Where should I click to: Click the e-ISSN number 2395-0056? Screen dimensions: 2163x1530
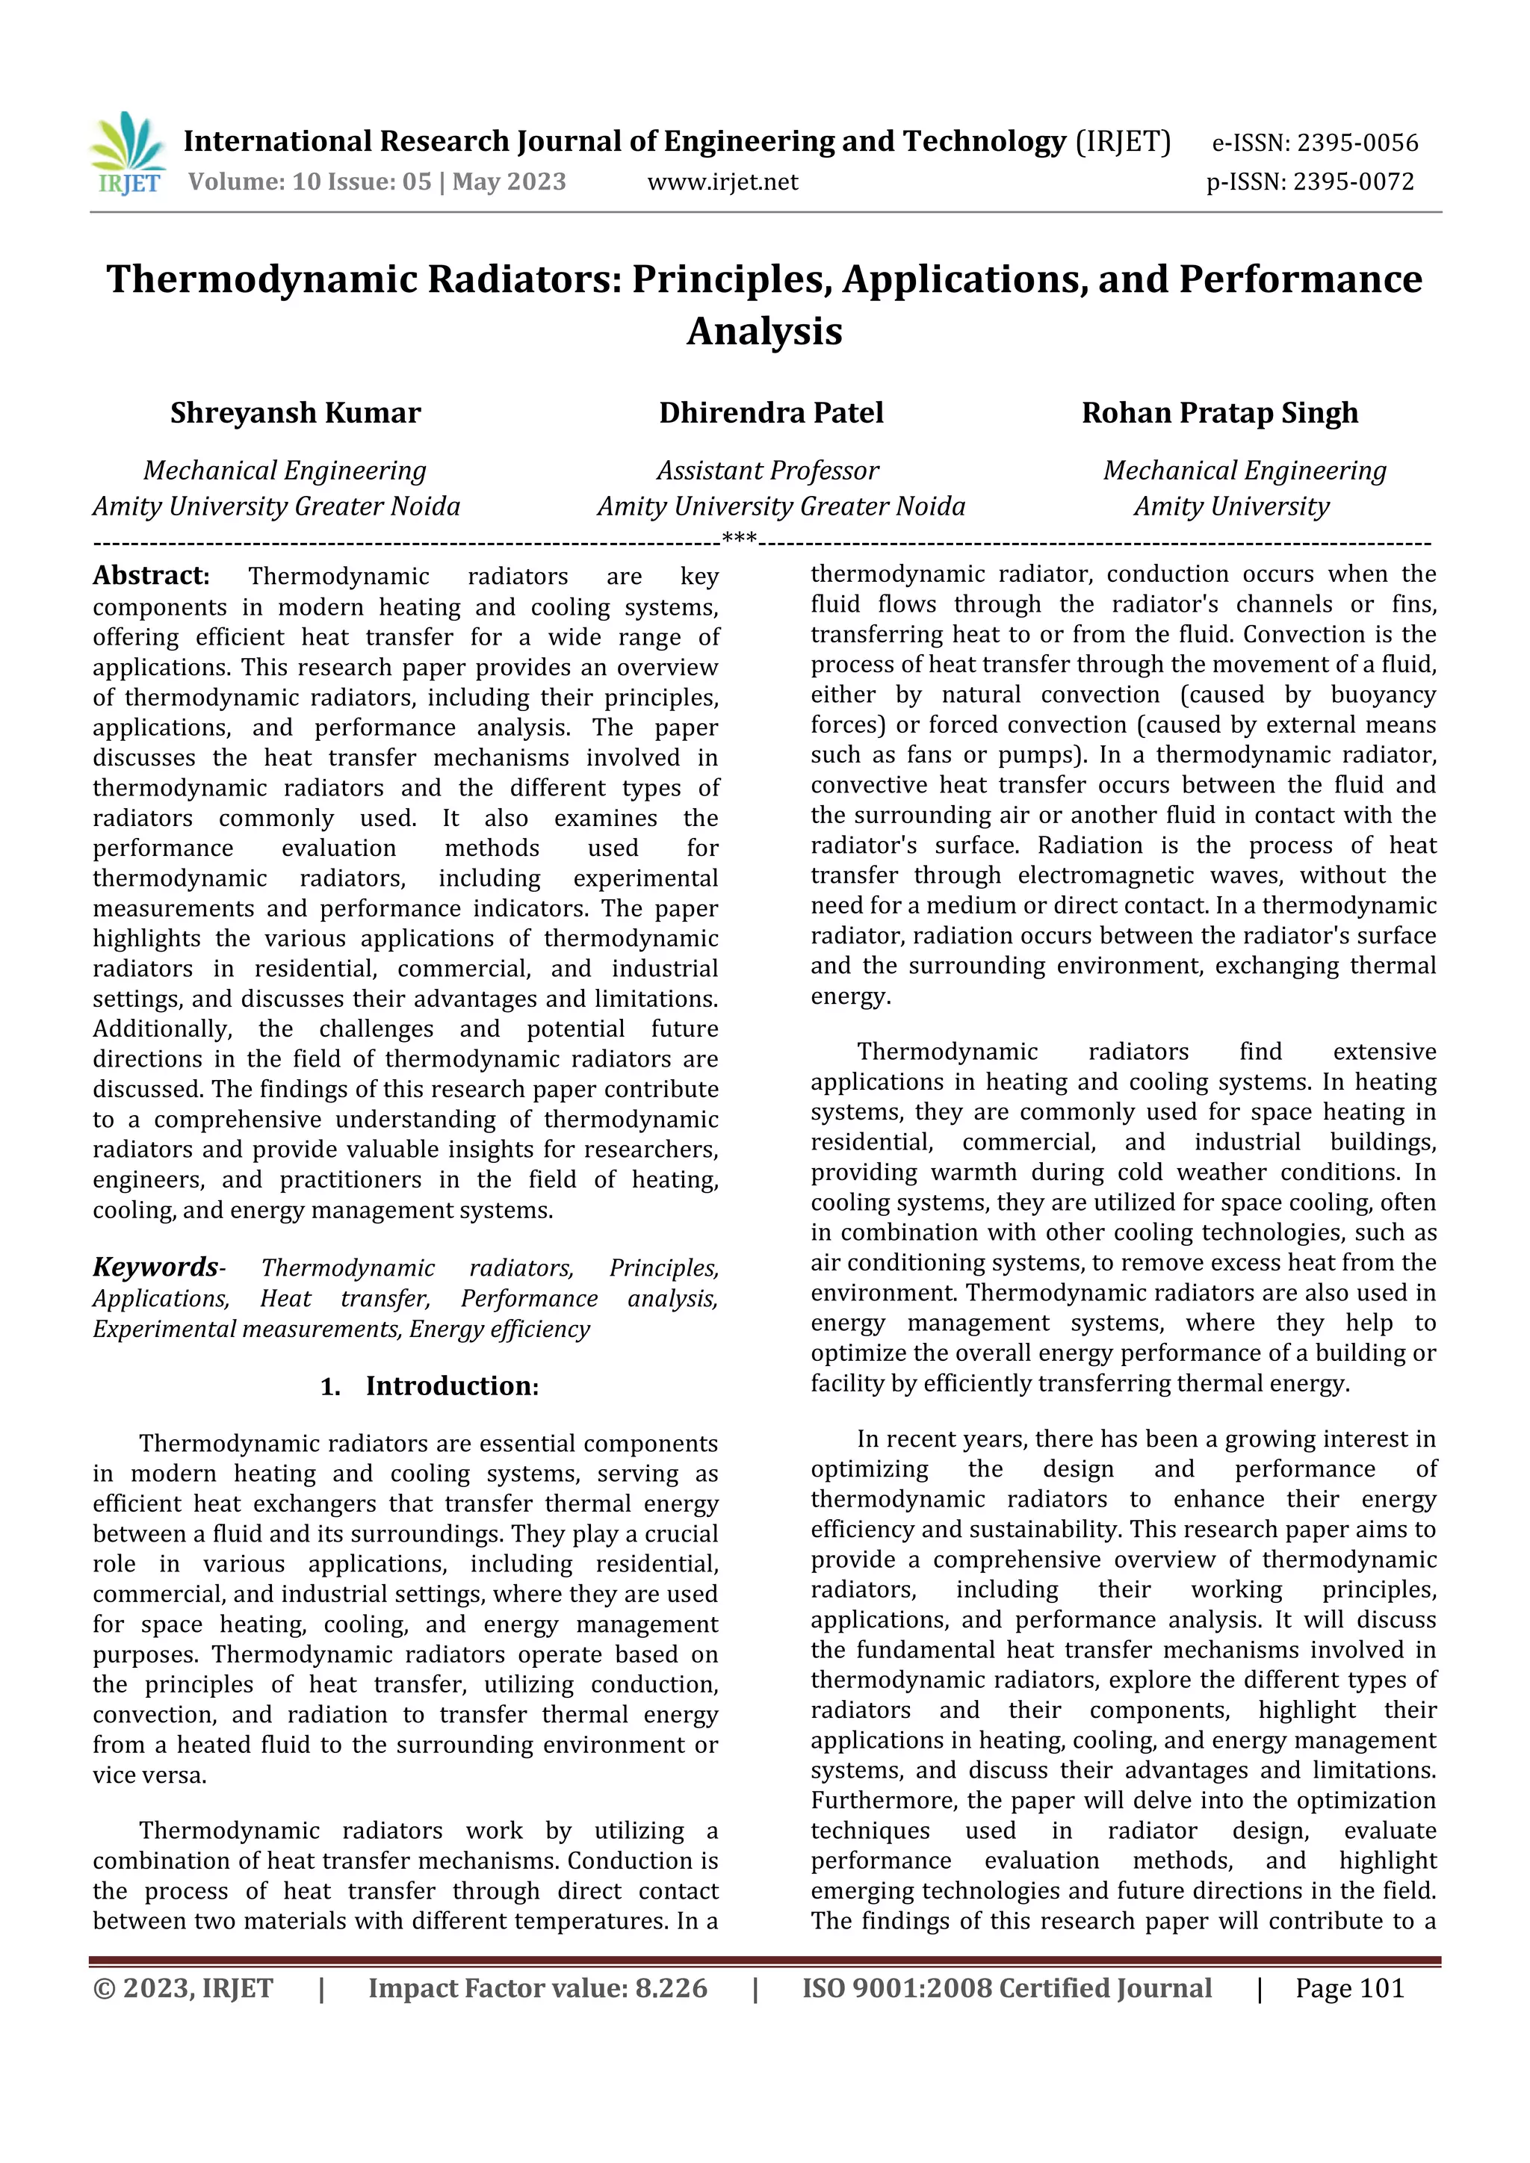(1357, 143)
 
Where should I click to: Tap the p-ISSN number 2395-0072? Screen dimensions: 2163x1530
(1353, 181)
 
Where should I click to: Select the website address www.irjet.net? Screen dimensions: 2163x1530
(722, 181)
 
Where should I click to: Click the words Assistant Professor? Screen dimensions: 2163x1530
(767, 470)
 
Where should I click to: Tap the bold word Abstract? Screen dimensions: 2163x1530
(151, 576)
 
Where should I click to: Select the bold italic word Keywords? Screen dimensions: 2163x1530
(155, 1267)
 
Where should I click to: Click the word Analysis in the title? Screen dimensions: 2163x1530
(764, 331)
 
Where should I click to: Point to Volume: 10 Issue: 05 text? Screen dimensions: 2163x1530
(310, 181)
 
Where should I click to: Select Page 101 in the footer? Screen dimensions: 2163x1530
(1349, 1989)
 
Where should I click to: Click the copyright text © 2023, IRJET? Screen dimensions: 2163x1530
(183, 1989)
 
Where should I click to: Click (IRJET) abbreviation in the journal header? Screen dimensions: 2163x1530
(1123, 142)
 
